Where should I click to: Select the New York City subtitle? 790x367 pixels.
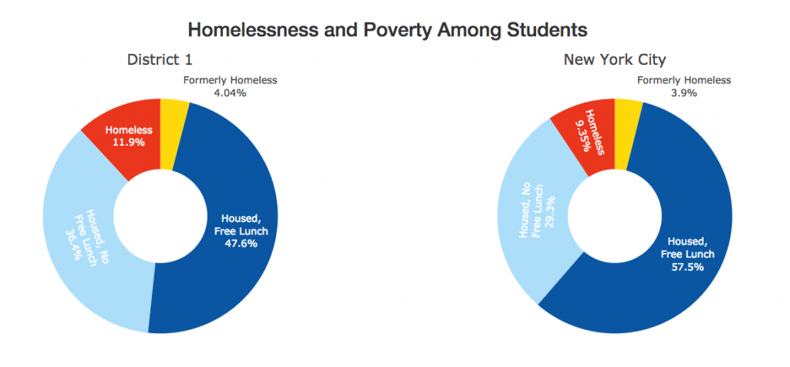pyautogui.click(x=615, y=59)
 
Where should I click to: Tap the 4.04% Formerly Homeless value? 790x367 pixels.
pyautogui.click(x=230, y=93)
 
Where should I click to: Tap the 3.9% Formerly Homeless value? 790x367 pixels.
pyautogui.click(x=684, y=93)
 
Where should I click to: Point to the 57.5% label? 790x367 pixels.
pyautogui.click(x=692, y=267)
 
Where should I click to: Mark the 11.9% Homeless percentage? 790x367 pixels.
pyautogui.click(x=129, y=142)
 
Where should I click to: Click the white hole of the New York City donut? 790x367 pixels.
pyautogui.click(x=615, y=217)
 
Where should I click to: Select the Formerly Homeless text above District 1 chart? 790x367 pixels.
pyautogui.click(x=230, y=80)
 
